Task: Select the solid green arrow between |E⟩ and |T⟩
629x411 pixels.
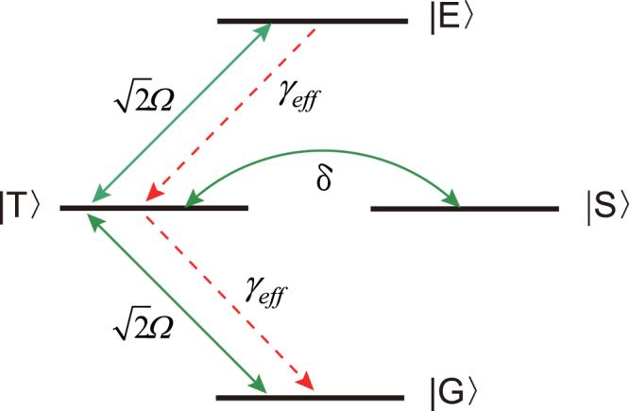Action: (x=180, y=114)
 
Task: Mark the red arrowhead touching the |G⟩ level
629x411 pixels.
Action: (x=304, y=380)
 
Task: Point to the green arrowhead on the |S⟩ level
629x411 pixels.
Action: (x=452, y=198)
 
